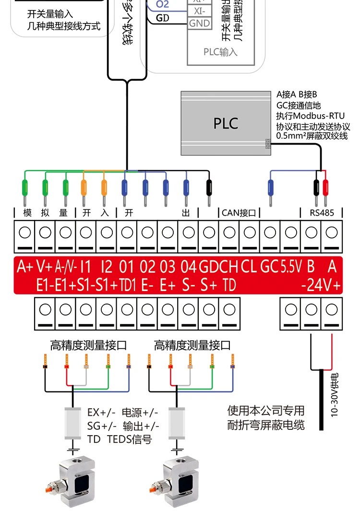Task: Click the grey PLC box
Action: [225, 123]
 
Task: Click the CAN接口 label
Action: [239, 212]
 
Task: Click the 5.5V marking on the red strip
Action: [291, 266]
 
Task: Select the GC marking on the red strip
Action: [269, 266]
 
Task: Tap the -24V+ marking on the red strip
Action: [321, 285]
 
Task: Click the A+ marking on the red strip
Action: [24, 266]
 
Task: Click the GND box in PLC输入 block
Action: [199, 23]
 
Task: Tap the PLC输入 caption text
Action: [220, 51]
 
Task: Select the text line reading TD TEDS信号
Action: [119, 439]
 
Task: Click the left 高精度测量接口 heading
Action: [89, 345]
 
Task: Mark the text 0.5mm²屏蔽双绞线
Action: [312, 136]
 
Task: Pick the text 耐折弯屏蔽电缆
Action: [266, 425]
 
